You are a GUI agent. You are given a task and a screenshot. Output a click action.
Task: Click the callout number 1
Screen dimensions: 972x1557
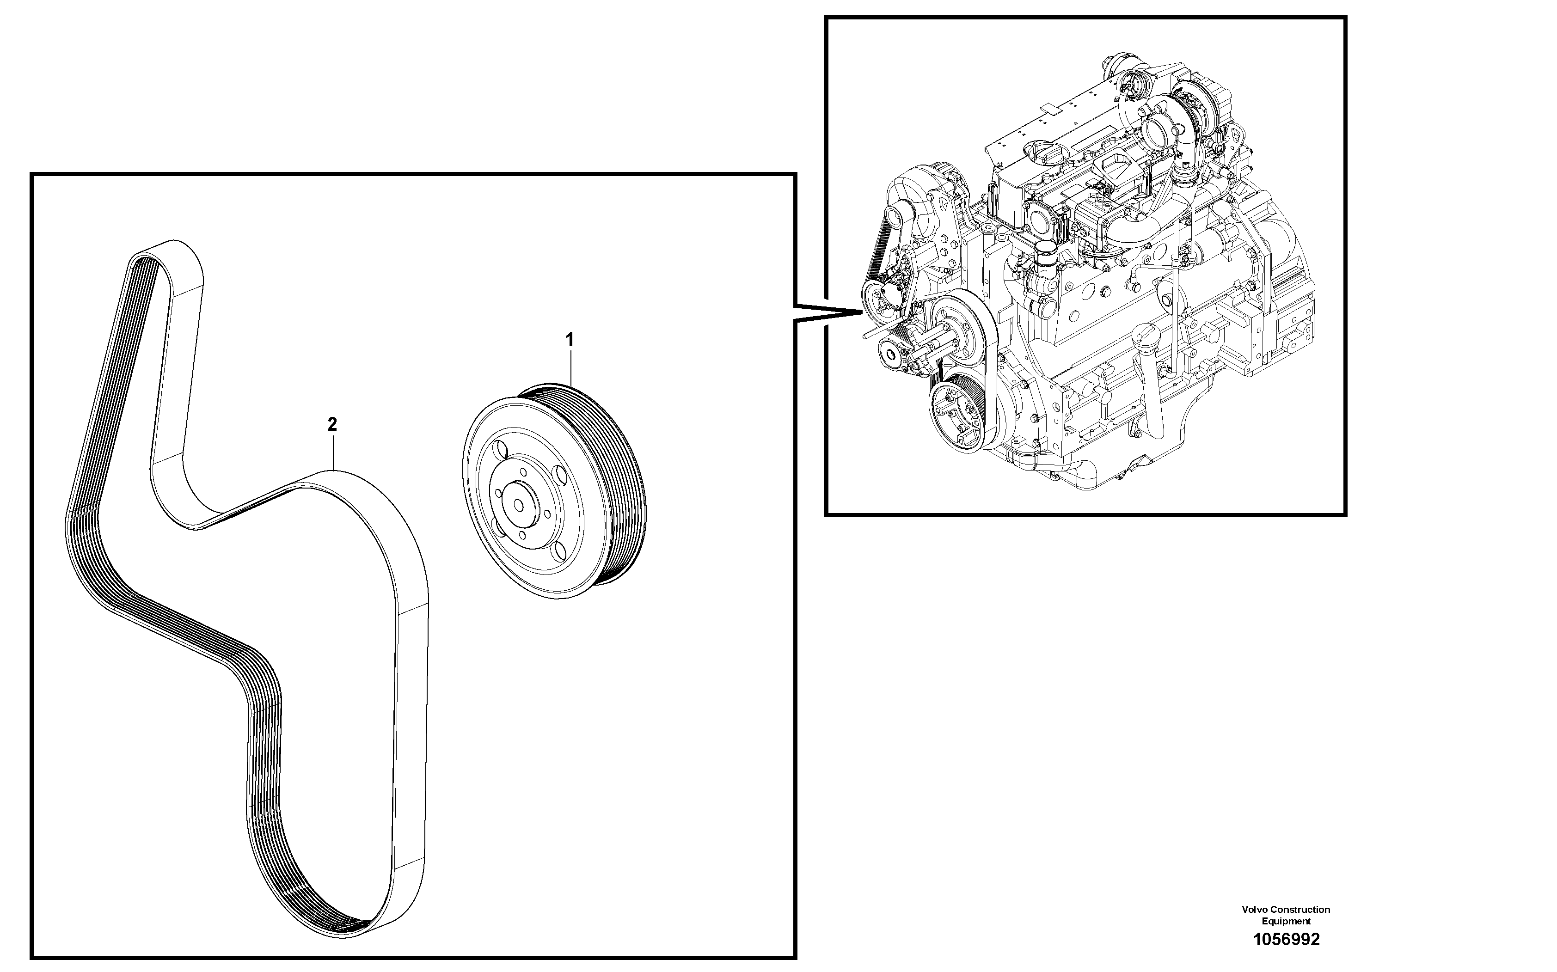(569, 339)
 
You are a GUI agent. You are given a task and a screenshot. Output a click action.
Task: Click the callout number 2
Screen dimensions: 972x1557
(332, 424)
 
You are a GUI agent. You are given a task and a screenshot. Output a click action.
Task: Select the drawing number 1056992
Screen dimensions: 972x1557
(1286, 940)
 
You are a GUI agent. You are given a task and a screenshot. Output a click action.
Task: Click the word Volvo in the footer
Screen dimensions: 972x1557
(1254, 910)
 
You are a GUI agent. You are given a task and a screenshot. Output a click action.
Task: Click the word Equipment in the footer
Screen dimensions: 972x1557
(1286, 921)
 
